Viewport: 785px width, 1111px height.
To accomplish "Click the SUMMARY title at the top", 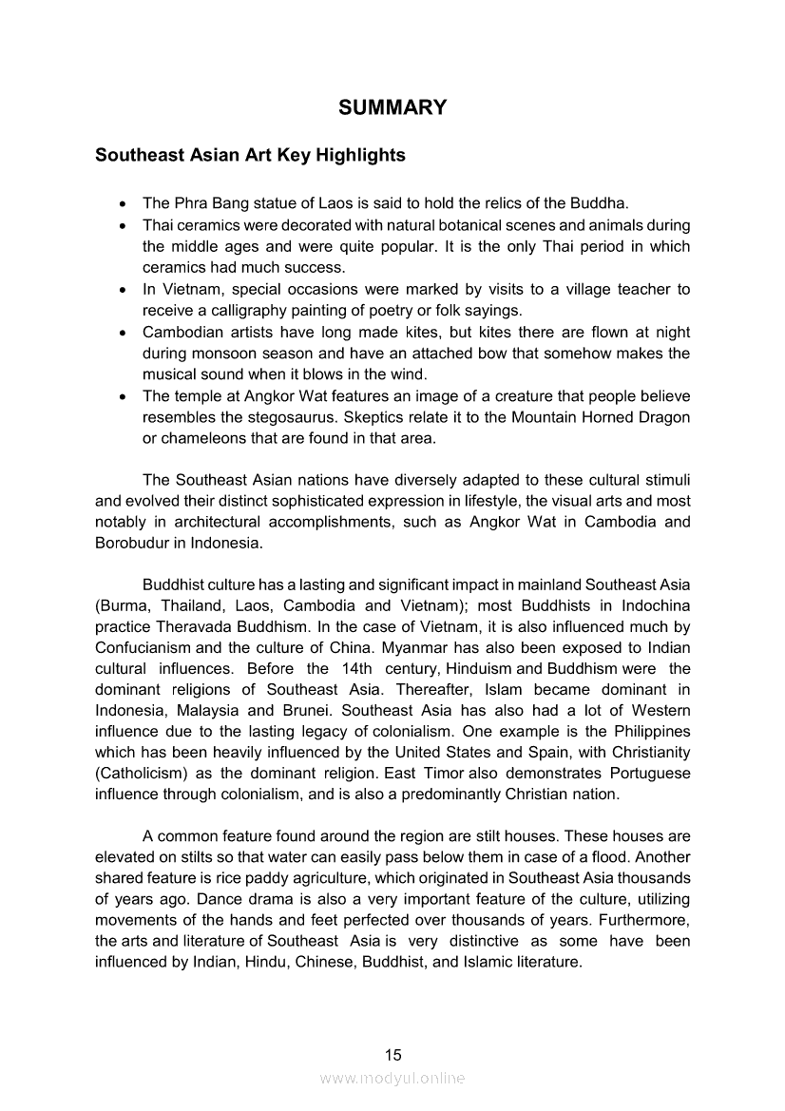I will point(392,107).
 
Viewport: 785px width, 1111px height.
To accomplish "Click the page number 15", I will point(392,1054).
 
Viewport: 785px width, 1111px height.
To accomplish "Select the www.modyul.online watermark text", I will point(392,1078).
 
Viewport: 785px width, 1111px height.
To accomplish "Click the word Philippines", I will point(646,732).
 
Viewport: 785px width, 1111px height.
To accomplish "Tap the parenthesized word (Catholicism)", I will point(143,774).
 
